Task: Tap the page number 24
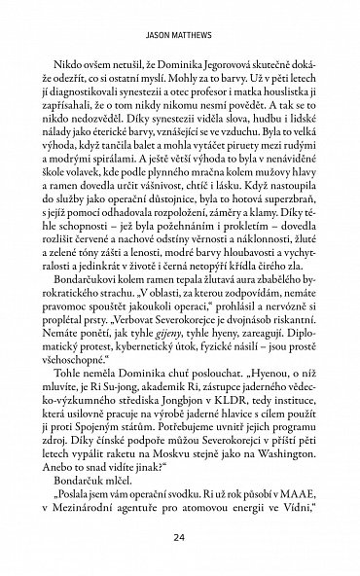[179, 537]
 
